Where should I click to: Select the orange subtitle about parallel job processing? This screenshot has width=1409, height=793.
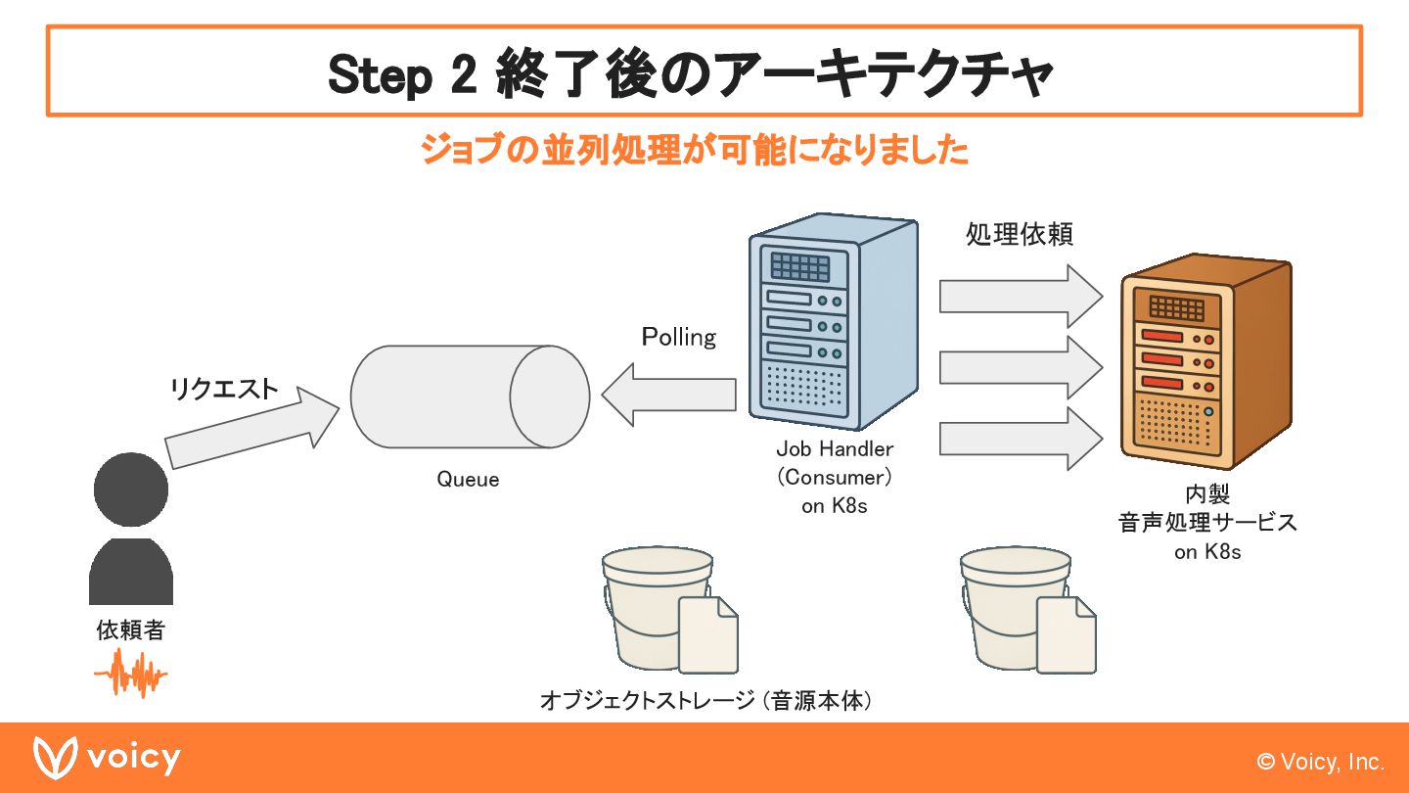pos(694,150)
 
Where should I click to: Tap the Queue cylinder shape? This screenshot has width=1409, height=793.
pos(470,396)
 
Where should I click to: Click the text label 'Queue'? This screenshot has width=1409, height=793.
pos(468,480)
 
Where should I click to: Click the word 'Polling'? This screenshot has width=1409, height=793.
pos(679,338)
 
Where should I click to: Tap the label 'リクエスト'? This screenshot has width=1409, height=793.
pos(224,390)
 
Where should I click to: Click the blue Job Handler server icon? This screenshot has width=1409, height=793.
pos(833,323)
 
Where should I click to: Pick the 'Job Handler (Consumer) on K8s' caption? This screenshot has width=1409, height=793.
pos(835,478)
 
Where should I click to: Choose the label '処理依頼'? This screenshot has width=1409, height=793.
pos(1019,236)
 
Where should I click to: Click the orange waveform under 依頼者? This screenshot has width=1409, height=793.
pos(131,673)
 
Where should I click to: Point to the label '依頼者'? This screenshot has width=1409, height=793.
pos(130,630)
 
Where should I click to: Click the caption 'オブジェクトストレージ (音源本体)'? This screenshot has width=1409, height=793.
pos(705,701)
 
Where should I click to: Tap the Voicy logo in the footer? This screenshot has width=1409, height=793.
pos(107,759)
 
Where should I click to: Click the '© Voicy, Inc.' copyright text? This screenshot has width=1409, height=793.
pos(1320,762)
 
